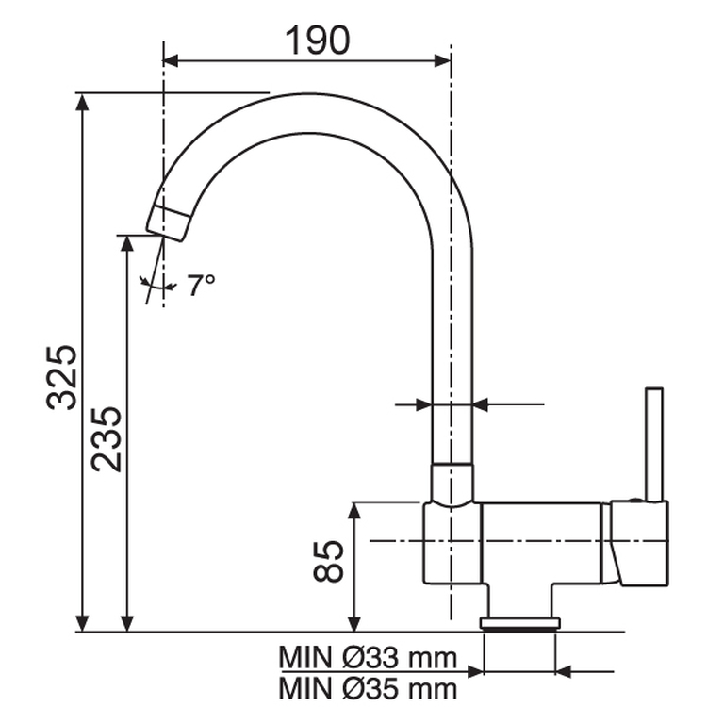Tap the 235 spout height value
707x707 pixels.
[x=106, y=438]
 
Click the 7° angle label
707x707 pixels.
[x=200, y=285]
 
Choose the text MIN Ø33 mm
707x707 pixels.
[x=368, y=656]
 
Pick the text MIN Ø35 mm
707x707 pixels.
[x=368, y=687]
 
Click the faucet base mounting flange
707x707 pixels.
[x=520, y=622]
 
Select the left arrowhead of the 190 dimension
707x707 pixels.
[x=171, y=60]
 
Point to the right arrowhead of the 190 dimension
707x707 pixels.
[x=444, y=60]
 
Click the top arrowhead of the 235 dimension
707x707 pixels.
[x=126, y=241]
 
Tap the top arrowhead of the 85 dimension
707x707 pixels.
[x=354, y=510]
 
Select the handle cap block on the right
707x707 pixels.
[x=639, y=542]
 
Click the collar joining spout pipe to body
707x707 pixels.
[x=452, y=484]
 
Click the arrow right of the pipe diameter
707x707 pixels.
[x=481, y=405]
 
